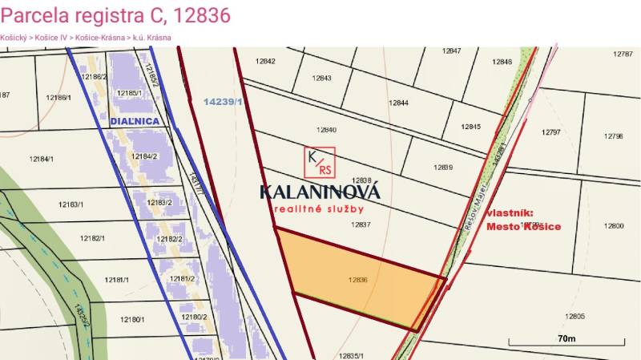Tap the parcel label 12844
tap(398, 103)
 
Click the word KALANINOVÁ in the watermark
tap(319, 192)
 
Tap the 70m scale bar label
tap(566, 339)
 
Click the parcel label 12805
tap(574, 316)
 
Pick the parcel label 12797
tap(550, 131)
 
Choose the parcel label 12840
tap(326, 130)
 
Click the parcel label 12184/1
tap(41, 158)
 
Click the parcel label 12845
tap(470, 127)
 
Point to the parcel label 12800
tap(613, 226)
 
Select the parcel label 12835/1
tap(353, 355)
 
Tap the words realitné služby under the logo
tap(319, 208)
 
